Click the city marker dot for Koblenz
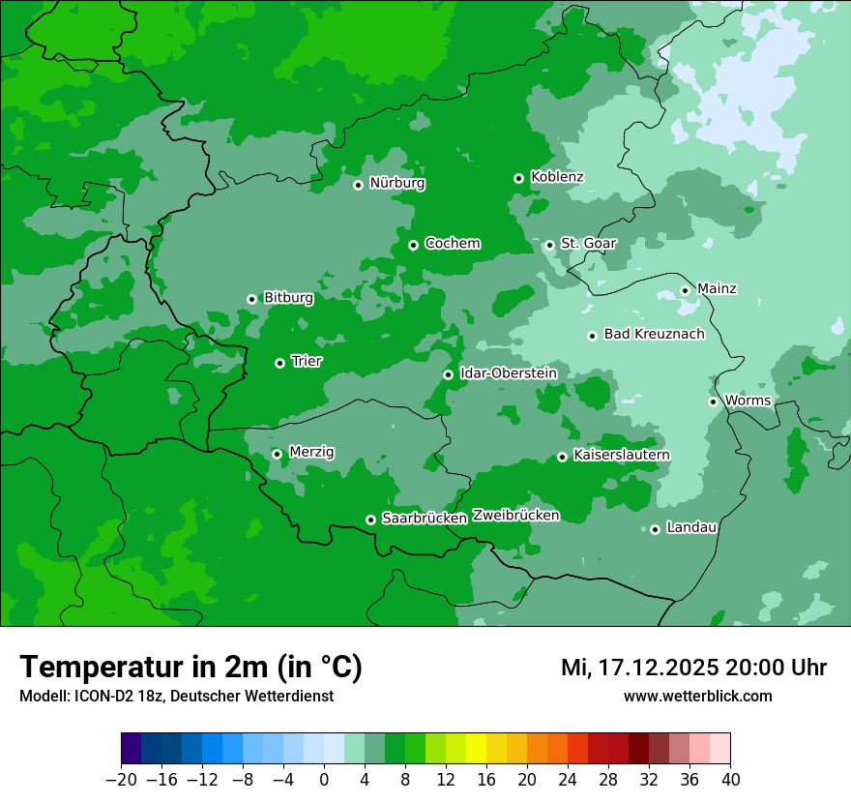pos(519,178)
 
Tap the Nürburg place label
pos(397,183)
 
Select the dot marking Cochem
pos(414,245)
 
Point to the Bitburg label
pos(288,298)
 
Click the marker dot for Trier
pos(280,363)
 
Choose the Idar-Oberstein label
pos(509,373)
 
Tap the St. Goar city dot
pos(550,245)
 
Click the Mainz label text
pos(717,288)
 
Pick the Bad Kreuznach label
pos(654,334)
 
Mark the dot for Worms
pos(714,401)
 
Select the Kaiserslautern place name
pos(622,455)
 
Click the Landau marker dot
pos(656,529)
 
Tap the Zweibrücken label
pos(515,516)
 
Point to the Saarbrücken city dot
pos(370,520)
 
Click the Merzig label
pos(311,452)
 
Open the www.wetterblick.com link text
pos(697,696)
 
